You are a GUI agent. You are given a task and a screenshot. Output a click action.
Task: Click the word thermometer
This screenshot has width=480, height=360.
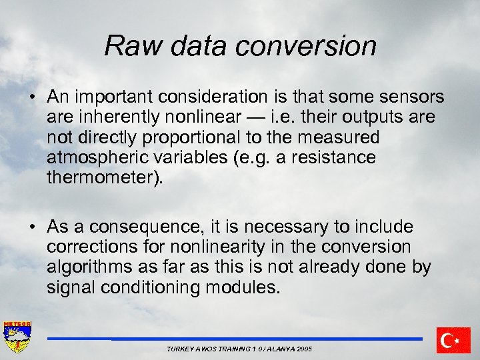tap(101, 178)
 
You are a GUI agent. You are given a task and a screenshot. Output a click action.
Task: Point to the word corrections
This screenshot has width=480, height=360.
tap(89, 247)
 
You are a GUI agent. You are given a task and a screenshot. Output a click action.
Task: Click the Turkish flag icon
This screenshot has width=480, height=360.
tap(453, 340)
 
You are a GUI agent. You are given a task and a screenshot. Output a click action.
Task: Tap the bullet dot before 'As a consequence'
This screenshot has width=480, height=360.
tap(32, 227)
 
